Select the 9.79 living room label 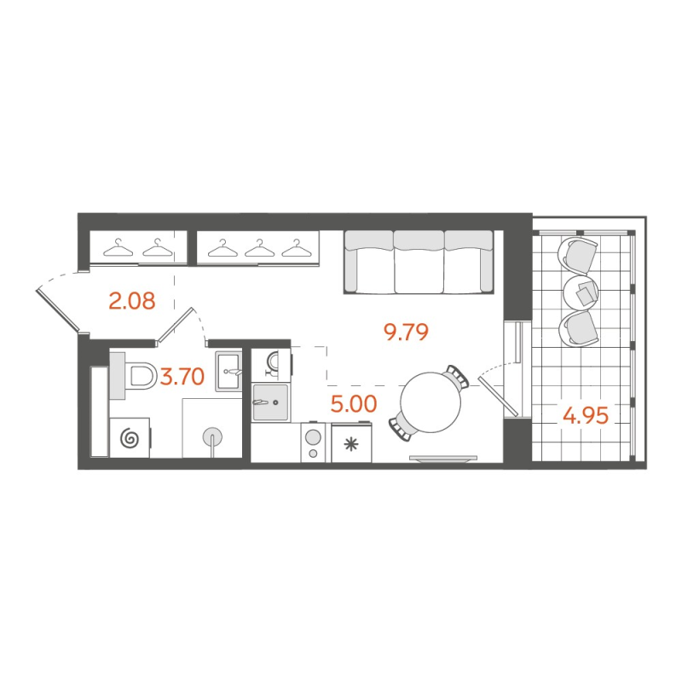tap(404, 332)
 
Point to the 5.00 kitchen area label tap(353, 403)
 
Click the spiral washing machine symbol tap(130, 438)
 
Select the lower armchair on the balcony tap(579, 327)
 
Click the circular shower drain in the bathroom tap(211, 437)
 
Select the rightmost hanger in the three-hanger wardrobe tap(294, 249)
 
